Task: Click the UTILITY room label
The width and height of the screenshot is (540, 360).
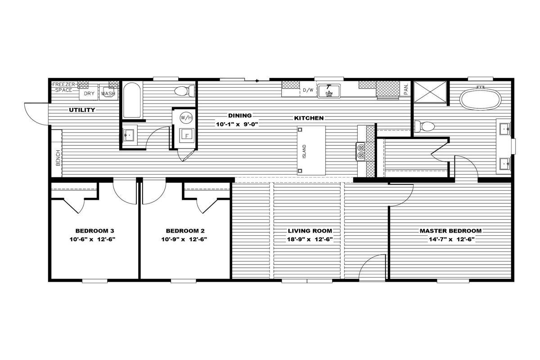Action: (x=82, y=110)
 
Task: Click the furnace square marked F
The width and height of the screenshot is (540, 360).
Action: (x=187, y=136)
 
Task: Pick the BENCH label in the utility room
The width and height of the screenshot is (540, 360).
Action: (x=58, y=157)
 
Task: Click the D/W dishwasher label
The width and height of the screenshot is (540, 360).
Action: (x=308, y=90)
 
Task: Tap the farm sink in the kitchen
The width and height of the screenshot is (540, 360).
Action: (x=329, y=91)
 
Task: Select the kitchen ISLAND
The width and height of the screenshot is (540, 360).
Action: (x=311, y=150)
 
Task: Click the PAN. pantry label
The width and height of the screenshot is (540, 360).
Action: (x=406, y=89)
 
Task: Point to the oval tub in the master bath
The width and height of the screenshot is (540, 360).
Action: (x=480, y=99)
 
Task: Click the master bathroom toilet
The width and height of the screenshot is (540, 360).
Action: (x=424, y=126)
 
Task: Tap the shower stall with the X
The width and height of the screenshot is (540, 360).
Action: (x=430, y=92)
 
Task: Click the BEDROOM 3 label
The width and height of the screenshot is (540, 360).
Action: (x=95, y=231)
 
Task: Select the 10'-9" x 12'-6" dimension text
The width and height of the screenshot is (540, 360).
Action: (x=184, y=239)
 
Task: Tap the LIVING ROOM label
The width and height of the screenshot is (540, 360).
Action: (x=310, y=231)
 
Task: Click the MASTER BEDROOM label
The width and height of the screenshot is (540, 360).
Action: (x=450, y=231)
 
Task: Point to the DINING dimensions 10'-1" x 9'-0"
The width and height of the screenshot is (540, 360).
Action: (x=237, y=124)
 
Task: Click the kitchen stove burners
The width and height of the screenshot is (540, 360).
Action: (x=361, y=151)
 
